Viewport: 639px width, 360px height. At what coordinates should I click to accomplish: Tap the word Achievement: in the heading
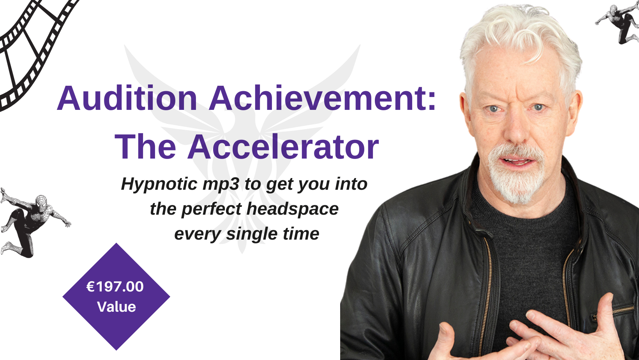pos(323,97)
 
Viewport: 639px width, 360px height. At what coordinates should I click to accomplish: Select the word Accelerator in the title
pos(283,147)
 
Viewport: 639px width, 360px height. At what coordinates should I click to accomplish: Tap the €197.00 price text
pos(115,287)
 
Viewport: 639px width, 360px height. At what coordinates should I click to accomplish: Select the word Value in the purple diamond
pos(117,307)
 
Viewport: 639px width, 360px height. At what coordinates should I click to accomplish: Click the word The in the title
pos(145,147)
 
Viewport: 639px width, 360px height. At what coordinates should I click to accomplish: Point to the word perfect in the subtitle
pos(212,209)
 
